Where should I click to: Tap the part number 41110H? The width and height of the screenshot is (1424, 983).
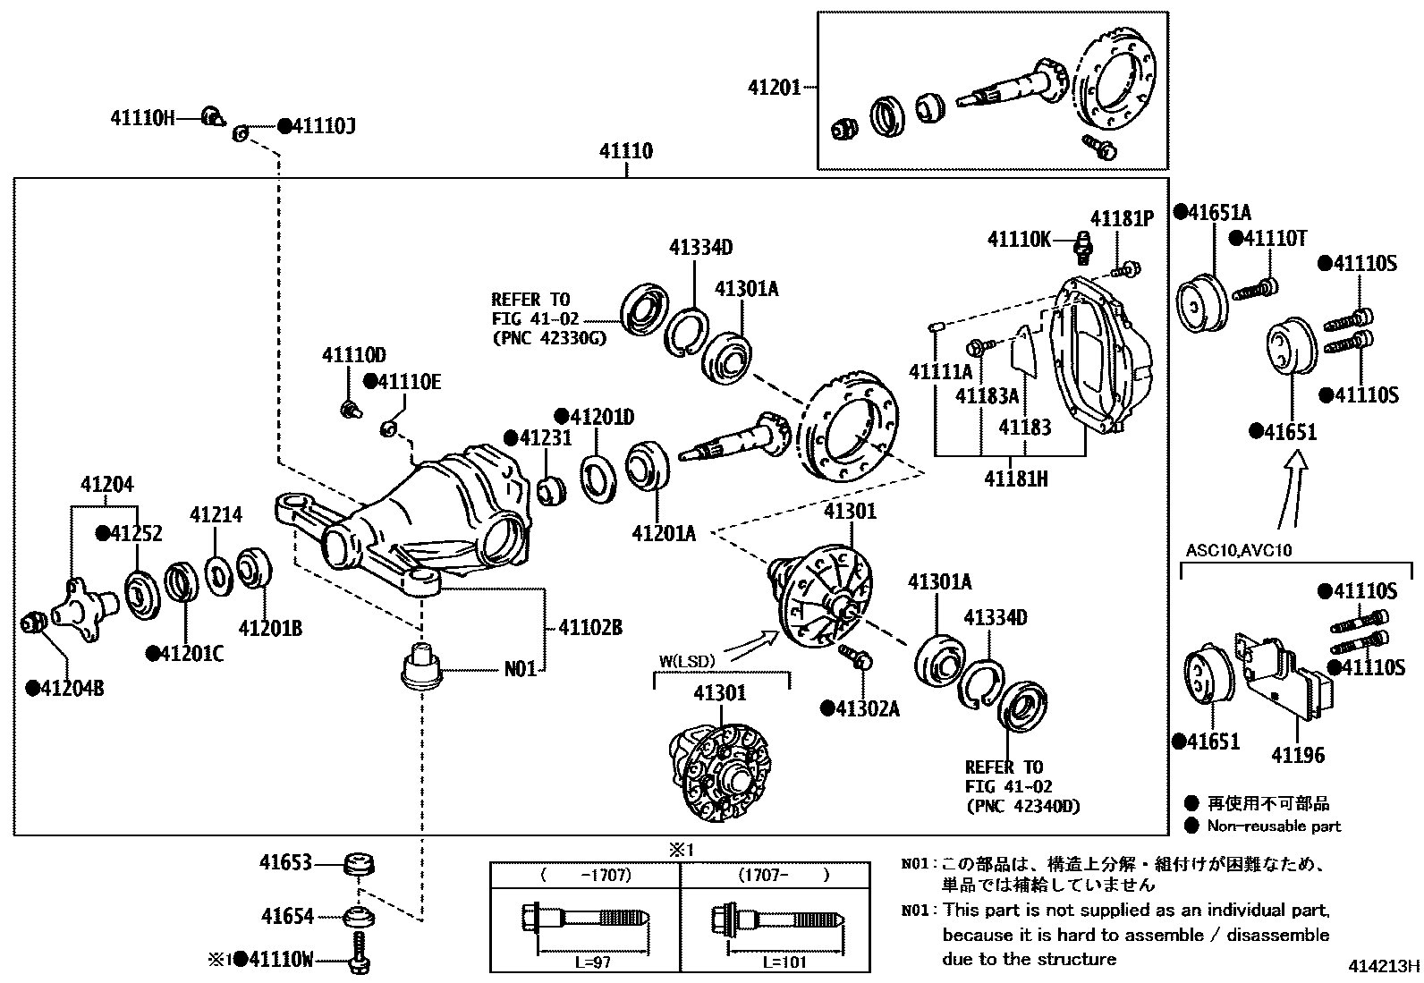(143, 117)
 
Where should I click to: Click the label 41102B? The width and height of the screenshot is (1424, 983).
(590, 627)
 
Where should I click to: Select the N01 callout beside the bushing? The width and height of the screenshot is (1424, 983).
(520, 668)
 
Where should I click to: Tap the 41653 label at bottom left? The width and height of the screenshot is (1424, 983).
(286, 862)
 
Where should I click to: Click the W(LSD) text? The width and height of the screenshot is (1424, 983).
(688, 662)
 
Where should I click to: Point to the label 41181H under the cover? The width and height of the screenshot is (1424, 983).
(1016, 479)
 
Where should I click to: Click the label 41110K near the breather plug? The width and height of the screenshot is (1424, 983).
(1020, 240)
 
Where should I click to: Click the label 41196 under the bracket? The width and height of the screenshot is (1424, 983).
(1298, 755)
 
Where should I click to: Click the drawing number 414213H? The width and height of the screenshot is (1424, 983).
(1385, 966)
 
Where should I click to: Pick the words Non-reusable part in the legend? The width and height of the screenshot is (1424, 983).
(1274, 826)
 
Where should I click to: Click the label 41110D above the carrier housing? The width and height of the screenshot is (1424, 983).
(354, 356)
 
